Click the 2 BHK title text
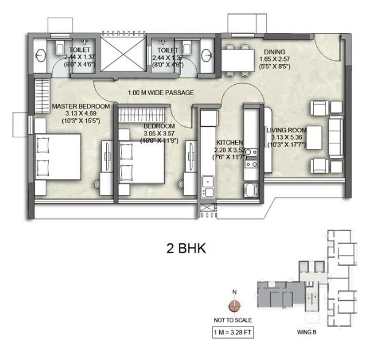[x=187, y=248]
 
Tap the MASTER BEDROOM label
[x=81, y=106]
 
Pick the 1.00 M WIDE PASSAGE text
[x=161, y=93]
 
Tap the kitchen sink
[x=208, y=182]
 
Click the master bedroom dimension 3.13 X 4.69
[x=81, y=113]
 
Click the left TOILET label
[x=81, y=49]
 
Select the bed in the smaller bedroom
[x=141, y=161]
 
